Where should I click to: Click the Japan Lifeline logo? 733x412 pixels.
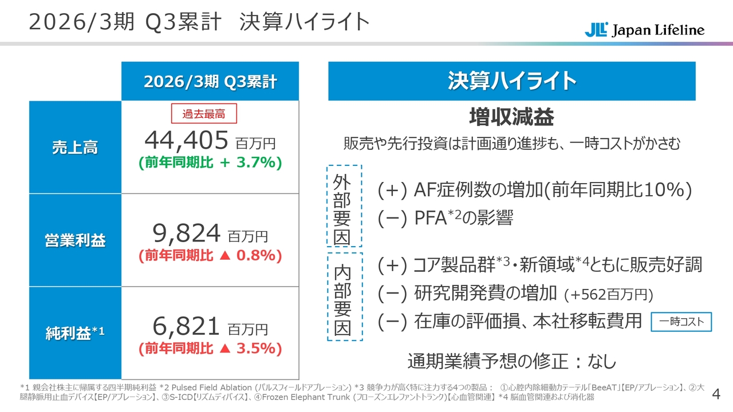click(x=644, y=30)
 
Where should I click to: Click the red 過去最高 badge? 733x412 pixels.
click(x=204, y=114)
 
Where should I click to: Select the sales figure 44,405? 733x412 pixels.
click(x=186, y=139)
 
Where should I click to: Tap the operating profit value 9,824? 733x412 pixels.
click(x=186, y=233)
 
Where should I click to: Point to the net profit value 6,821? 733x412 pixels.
click(x=186, y=326)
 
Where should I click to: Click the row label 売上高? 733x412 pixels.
click(x=75, y=148)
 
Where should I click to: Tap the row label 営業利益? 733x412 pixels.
click(x=75, y=241)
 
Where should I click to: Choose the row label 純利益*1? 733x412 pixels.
click(x=75, y=333)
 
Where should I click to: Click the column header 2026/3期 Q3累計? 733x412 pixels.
click(x=210, y=82)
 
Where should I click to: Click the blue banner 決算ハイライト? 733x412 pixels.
click(x=511, y=81)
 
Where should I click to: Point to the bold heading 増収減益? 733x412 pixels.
click(x=511, y=117)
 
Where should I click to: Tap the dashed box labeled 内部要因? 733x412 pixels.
click(x=344, y=297)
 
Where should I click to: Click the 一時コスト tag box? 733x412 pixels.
click(x=681, y=322)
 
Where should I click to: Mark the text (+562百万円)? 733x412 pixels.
click(x=609, y=295)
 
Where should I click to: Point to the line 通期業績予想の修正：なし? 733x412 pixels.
click(x=511, y=362)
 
